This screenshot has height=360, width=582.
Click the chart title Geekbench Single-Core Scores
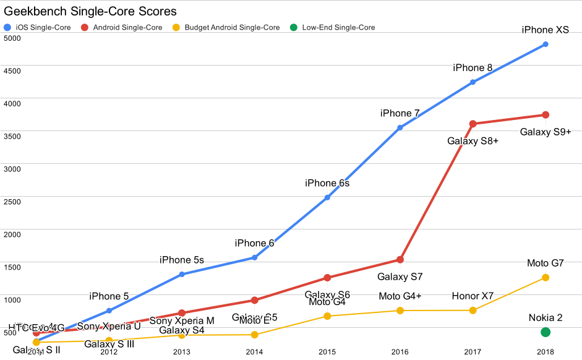[90, 11]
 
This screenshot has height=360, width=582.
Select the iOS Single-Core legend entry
[42, 27]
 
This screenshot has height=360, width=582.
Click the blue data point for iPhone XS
[546, 45]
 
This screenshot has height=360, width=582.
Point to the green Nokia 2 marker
[546, 332]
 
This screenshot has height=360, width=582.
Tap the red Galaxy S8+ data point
[473, 124]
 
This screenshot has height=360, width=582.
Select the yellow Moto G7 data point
[546, 278]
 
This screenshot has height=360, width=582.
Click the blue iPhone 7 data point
[400, 127]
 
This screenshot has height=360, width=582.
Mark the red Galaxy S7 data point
[400, 259]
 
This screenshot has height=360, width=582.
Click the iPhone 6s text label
[327, 183]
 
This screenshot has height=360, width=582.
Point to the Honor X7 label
[473, 296]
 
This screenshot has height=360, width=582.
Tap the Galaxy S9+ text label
[546, 132]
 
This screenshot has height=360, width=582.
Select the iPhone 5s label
[182, 260]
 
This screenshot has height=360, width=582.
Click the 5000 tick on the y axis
[12, 38]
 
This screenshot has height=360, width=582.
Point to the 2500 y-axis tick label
[12, 202]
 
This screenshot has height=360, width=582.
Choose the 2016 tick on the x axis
[400, 352]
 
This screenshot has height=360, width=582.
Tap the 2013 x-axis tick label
[182, 352]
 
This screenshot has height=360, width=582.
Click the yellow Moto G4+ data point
[400, 311]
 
